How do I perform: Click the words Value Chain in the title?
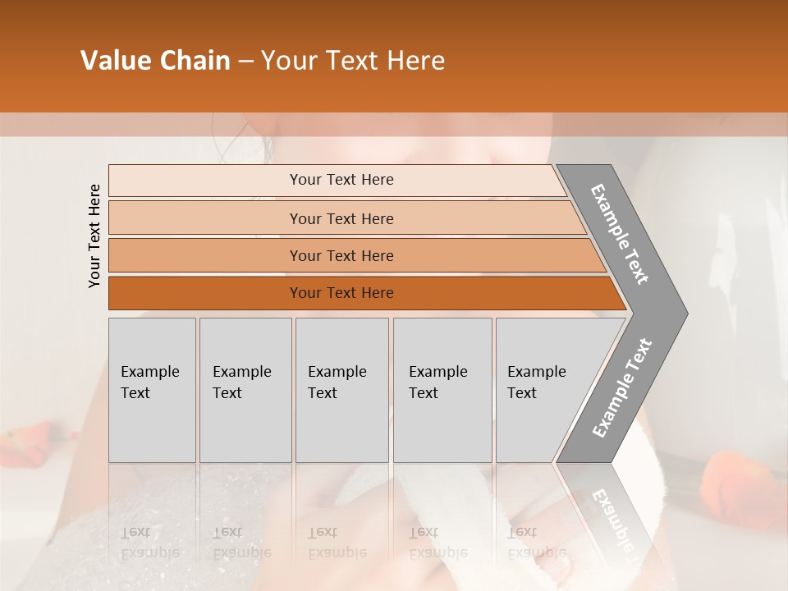155,61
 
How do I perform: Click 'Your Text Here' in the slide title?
353,61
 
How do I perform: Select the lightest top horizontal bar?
205,181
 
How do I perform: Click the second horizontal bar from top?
205,218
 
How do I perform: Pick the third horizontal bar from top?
205,255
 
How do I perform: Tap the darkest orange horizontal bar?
205,293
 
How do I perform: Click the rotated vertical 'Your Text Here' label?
94,236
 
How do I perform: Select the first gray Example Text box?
152,390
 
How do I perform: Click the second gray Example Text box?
245,390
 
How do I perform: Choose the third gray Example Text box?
341,390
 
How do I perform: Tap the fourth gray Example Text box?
442,390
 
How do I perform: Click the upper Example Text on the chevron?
620,234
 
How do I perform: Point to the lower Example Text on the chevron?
621,388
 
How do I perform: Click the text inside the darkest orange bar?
341,293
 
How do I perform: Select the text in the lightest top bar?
341,180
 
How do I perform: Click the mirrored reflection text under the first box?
149,542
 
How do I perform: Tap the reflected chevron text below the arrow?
612,517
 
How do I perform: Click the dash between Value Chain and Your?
245,62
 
